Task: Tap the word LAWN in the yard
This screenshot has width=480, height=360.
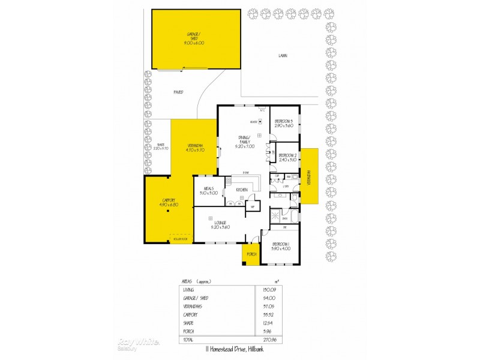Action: pyautogui.click(x=283, y=56)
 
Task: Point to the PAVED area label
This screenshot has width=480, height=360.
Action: pyautogui.click(x=178, y=92)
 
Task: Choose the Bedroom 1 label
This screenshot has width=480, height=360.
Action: pyautogui.click(x=281, y=245)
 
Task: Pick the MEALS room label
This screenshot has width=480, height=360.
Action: pyautogui.click(x=209, y=191)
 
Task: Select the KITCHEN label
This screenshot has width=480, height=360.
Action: pyautogui.click(x=242, y=190)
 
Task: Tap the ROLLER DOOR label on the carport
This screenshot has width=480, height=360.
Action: pyautogui.click(x=181, y=239)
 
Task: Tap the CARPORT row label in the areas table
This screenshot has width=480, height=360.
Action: pyautogui.click(x=191, y=314)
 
